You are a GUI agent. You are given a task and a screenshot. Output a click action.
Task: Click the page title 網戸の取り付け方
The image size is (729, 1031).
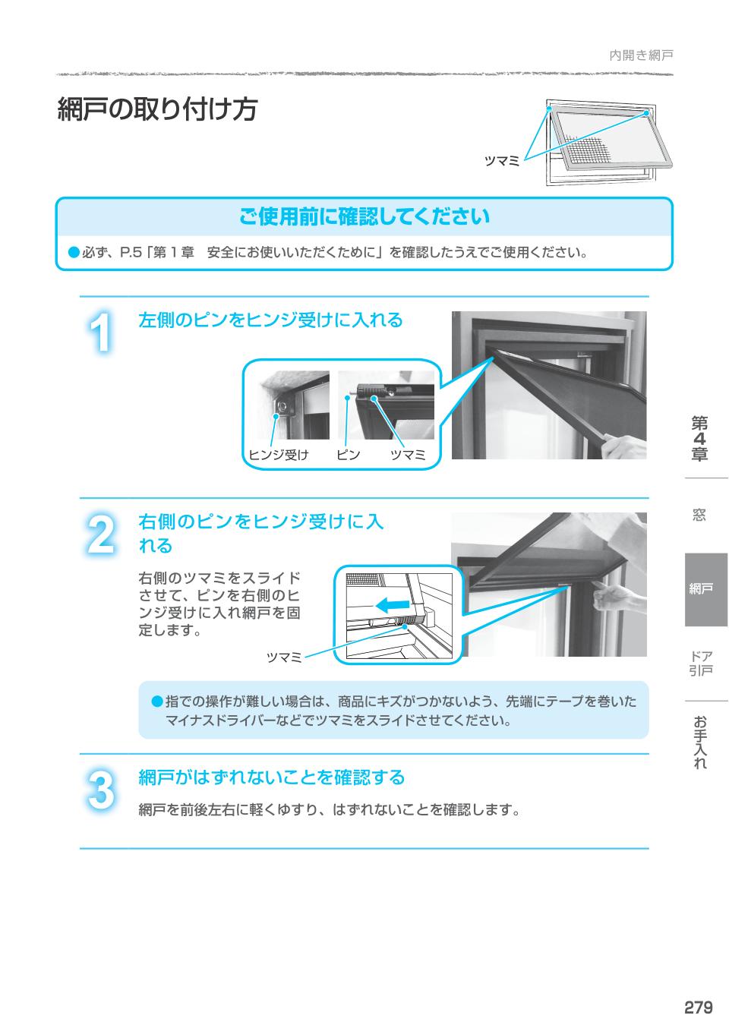(157, 110)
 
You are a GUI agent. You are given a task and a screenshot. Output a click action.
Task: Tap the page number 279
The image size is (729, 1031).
(698, 1007)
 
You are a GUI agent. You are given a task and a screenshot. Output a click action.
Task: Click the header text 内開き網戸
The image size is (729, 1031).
(641, 55)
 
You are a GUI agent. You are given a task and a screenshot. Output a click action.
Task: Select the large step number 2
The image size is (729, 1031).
(100, 534)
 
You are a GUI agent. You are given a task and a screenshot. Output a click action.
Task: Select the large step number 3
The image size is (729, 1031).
(100, 790)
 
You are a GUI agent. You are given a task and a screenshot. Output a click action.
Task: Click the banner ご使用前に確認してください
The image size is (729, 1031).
(364, 217)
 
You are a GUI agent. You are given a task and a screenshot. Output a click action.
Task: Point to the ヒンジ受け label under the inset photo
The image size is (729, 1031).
(279, 455)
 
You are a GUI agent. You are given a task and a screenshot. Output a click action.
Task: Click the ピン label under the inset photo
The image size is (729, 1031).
(349, 455)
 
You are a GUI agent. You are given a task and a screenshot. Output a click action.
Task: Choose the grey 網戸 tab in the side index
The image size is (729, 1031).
(705, 589)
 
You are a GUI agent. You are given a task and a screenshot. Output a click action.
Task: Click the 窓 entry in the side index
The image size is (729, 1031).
(699, 515)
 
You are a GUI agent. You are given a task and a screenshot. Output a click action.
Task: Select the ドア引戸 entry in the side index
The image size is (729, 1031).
(700, 663)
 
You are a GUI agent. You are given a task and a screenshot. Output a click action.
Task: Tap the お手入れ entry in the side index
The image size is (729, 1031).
(700, 743)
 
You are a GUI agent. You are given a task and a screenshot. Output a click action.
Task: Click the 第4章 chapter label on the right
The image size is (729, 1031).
(699, 439)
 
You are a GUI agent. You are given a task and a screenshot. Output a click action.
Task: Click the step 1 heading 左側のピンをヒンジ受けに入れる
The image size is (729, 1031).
(270, 320)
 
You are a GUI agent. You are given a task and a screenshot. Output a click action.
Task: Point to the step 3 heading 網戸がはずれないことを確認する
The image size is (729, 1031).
(271, 777)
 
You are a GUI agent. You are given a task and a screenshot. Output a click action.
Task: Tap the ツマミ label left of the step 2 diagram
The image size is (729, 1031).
(284, 657)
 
